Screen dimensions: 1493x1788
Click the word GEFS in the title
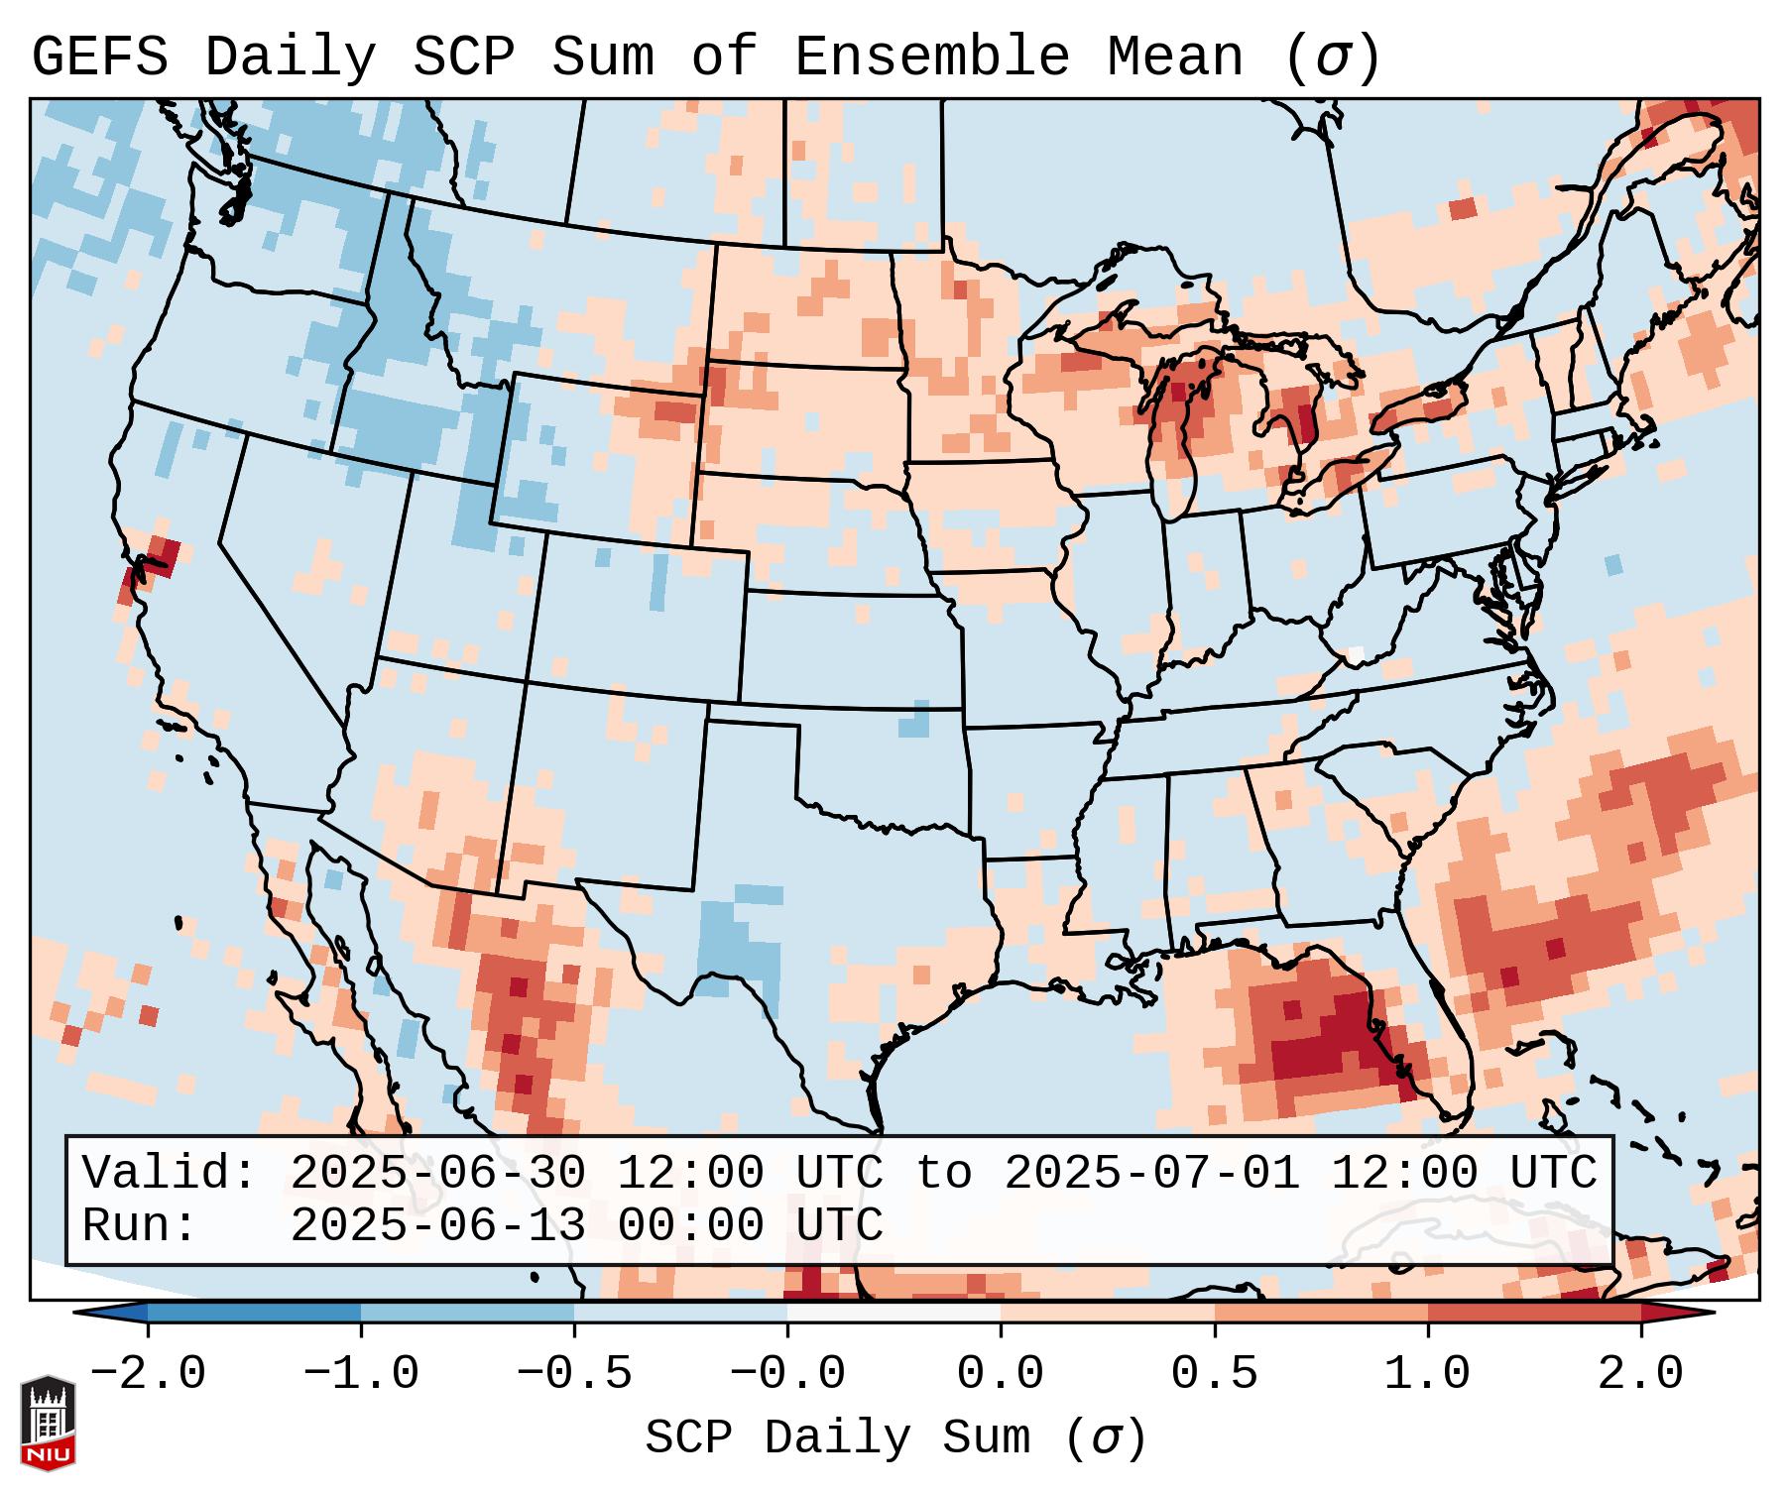(99, 57)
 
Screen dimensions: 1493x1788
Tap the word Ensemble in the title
(932, 57)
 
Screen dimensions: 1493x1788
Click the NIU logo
(48, 1424)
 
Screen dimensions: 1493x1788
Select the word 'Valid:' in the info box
(169, 1174)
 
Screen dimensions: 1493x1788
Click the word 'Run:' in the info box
(139, 1225)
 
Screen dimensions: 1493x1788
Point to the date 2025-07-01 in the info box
(1151, 1174)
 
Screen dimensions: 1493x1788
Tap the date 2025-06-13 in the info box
(437, 1225)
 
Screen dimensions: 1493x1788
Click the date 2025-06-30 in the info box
(437, 1174)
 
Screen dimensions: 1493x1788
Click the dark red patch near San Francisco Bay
(161, 555)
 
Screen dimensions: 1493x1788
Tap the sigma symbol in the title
(1332, 57)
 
